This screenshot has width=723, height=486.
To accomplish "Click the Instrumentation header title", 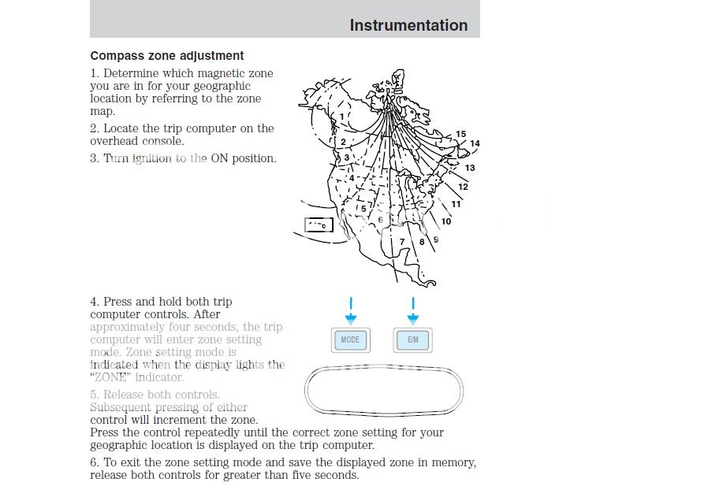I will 408,25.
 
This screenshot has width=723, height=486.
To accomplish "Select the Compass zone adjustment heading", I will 167,56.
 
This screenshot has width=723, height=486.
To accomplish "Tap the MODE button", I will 350,340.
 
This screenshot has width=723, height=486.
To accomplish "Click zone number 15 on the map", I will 461,134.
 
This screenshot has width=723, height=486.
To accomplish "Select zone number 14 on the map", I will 475,143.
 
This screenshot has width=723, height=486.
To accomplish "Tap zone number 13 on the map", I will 470,168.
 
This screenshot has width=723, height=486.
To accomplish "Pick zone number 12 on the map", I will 463,187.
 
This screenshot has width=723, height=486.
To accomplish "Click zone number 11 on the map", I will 456,204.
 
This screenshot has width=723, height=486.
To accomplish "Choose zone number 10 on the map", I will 446,221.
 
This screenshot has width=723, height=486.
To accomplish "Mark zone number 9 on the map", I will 436,239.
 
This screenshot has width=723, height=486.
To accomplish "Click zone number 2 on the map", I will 343,142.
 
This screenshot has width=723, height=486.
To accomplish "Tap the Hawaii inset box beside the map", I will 319,226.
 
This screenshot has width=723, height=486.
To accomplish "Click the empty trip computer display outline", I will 383,389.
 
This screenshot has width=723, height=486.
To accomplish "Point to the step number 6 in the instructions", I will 94,462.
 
